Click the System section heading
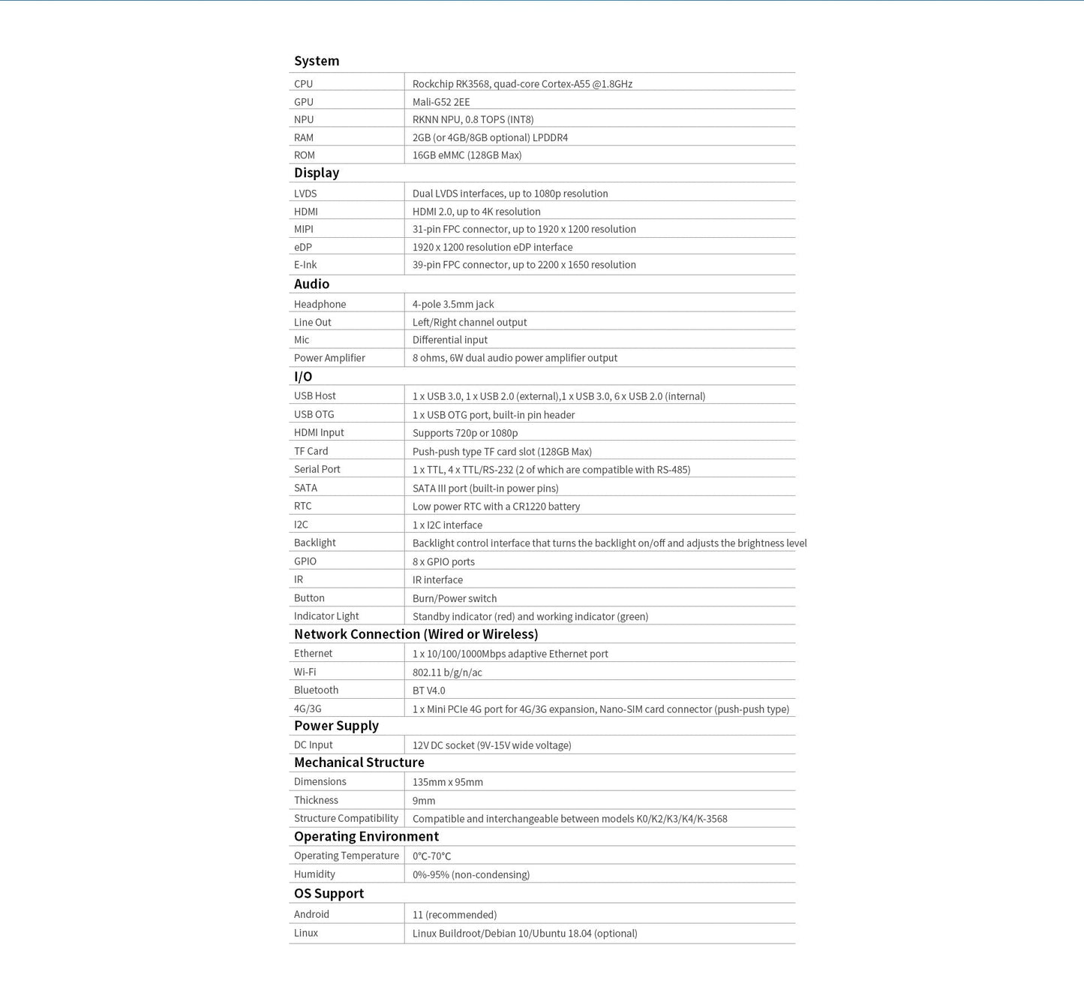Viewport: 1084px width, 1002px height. pos(317,61)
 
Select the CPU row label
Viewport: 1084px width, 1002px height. pos(304,84)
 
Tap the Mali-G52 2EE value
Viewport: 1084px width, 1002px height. pos(441,102)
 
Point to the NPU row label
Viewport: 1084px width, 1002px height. pos(304,119)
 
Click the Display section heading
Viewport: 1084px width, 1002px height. pos(317,173)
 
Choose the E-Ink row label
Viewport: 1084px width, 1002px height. pos(305,265)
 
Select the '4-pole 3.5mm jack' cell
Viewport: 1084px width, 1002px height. pos(453,304)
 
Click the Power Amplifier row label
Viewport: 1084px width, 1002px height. pos(329,358)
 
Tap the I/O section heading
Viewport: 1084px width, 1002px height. pos(303,377)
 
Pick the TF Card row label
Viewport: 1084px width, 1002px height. pos(311,451)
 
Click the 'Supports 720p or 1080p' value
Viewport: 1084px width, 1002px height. pos(465,433)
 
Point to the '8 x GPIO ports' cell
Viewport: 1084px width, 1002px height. pos(443,561)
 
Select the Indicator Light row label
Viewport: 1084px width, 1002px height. pos(326,616)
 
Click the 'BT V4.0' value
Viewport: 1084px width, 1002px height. pos(429,691)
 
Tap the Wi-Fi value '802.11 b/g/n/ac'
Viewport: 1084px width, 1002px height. pos(447,673)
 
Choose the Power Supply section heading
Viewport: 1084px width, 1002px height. pos(336,726)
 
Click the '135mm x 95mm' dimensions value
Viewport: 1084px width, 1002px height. pos(448,782)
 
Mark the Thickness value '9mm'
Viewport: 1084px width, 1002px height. pos(424,801)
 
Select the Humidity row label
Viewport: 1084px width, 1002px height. pos(314,874)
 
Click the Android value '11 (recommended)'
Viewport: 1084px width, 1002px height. pos(455,915)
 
